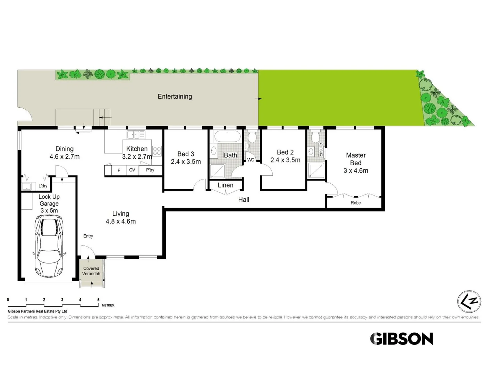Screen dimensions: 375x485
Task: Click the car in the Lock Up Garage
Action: pyautogui.click(x=49, y=245)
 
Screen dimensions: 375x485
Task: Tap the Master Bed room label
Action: pyautogui.click(x=356, y=159)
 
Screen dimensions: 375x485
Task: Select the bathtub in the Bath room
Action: pyautogui.click(x=227, y=136)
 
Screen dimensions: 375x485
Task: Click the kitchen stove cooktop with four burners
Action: pyautogui.click(x=157, y=151)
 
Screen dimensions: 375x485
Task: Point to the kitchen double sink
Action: pyautogui.click(x=136, y=134)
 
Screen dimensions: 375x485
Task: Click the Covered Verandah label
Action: pyautogui.click(x=91, y=271)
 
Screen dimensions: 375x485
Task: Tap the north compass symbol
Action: pyautogui.click(x=469, y=301)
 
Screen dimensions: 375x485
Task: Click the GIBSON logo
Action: pyautogui.click(x=401, y=339)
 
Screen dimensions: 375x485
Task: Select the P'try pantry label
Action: pyautogui.click(x=150, y=170)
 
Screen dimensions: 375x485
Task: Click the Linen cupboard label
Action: pyautogui.click(x=226, y=185)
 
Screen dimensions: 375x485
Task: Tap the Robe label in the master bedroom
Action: pyautogui.click(x=356, y=203)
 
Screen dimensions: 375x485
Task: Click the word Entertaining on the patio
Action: pyautogui.click(x=175, y=97)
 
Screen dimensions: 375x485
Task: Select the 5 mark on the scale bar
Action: pyautogui.click(x=99, y=300)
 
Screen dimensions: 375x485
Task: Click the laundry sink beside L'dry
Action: pyautogui.click(x=27, y=186)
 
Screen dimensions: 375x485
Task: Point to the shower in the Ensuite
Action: pyautogui.click(x=316, y=170)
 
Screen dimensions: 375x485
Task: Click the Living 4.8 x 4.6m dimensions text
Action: pyautogui.click(x=121, y=222)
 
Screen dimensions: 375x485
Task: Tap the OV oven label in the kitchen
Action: pyautogui.click(x=132, y=170)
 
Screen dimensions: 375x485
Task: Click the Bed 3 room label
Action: pyautogui.click(x=186, y=154)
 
